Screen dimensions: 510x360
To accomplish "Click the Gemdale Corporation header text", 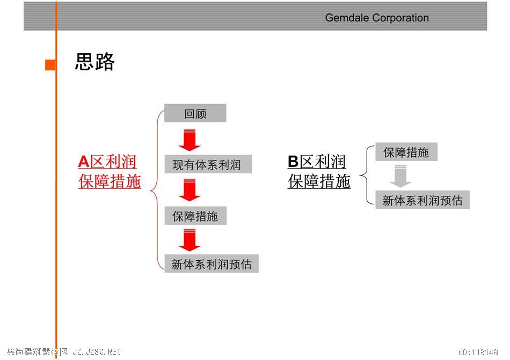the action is pyautogui.click(x=377, y=18).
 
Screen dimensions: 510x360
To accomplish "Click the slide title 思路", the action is pyautogui.click(x=94, y=61).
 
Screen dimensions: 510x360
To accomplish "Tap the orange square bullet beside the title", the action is pyautogui.click(x=50, y=65).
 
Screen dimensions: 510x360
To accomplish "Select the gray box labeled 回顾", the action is pyautogui.click(x=195, y=113).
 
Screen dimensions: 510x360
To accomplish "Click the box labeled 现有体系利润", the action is pyautogui.click(x=208, y=164).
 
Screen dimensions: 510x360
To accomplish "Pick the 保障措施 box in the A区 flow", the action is pyautogui.click(x=195, y=216).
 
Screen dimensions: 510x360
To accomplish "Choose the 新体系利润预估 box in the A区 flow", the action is pyautogui.click(x=212, y=263).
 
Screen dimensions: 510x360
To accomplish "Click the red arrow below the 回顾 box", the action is pyautogui.click(x=190, y=140).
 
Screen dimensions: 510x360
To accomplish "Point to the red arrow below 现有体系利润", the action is pyautogui.click(x=190, y=190).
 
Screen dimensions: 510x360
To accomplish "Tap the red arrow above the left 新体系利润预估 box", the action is pyautogui.click(x=190, y=240).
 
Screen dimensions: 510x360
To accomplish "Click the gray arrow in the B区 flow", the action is pyautogui.click(x=400, y=176).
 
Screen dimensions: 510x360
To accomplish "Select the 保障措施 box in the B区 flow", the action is pyautogui.click(x=406, y=152).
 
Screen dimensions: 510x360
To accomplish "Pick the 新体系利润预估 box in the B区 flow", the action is pyautogui.click(x=422, y=200).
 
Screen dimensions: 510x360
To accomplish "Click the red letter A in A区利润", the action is pyautogui.click(x=84, y=161).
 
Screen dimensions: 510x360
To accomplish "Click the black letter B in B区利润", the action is pyautogui.click(x=293, y=161).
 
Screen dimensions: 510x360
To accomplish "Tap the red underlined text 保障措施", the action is pyautogui.click(x=110, y=181).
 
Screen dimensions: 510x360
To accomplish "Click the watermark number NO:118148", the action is pyautogui.click(x=478, y=352).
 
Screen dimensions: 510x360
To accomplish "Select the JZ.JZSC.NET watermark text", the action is pyautogui.click(x=97, y=352).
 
